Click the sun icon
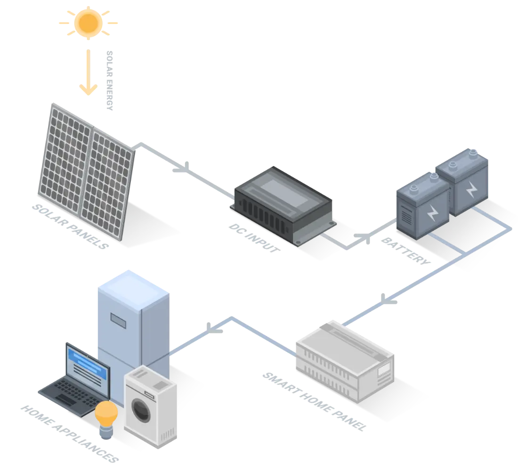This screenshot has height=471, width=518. pyautogui.click(x=88, y=22)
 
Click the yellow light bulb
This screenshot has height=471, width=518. pyautogui.click(x=106, y=414)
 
